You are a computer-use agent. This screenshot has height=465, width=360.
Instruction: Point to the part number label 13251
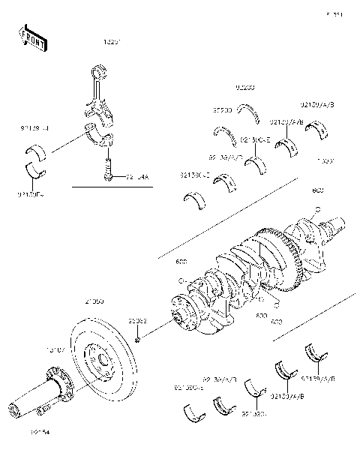[112, 43]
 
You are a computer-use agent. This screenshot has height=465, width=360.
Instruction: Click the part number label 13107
[57, 349]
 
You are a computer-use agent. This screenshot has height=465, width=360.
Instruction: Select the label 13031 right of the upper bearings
[325, 160]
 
